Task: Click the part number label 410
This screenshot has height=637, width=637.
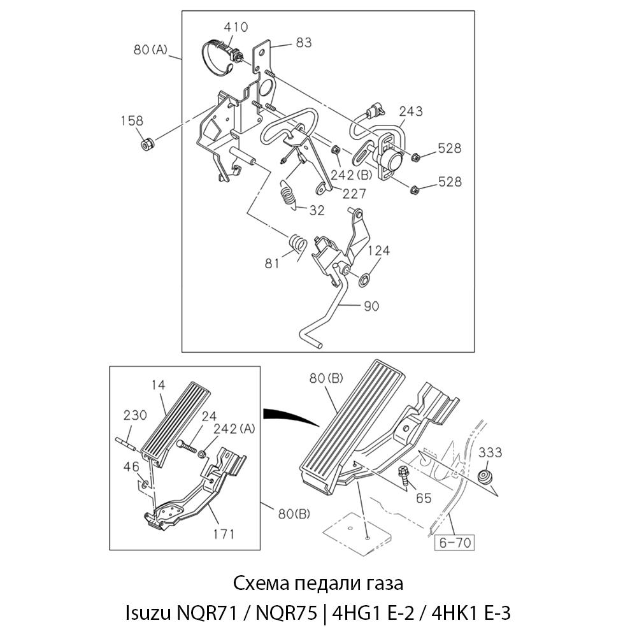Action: pos(236,27)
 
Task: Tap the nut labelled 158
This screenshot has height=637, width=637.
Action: pos(148,144)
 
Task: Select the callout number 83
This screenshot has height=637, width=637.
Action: pos(303,43)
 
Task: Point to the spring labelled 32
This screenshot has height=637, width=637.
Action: pos(288,192)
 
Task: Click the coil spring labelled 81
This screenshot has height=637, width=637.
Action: pos(297,245)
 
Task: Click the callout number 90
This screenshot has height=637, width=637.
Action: pos(371,306)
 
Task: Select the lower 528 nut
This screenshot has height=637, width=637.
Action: pos(415,189)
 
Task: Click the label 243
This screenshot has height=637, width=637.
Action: pos(411,112)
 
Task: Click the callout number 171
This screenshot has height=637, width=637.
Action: pos(224,533)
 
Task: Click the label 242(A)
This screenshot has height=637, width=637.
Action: pos(234,429)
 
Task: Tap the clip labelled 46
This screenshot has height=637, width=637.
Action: pos(146,485)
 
